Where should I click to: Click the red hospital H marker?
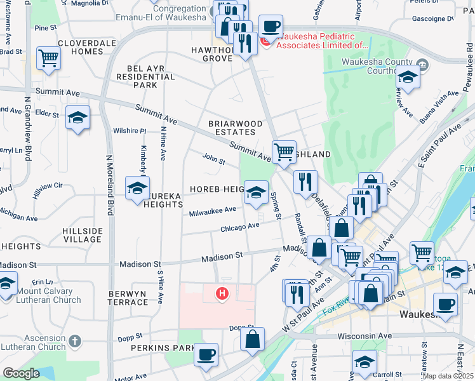point(222,293)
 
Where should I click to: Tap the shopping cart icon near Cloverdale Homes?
point(48,58)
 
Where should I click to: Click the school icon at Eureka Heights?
point(137,188)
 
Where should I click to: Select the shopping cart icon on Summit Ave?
point(284,152)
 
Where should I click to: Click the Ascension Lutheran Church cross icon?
point(74,342)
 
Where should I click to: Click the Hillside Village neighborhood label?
point(83,234)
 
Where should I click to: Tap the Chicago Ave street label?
point(240,227)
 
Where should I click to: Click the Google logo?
point(22,373)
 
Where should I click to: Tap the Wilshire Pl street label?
point(130,131)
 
